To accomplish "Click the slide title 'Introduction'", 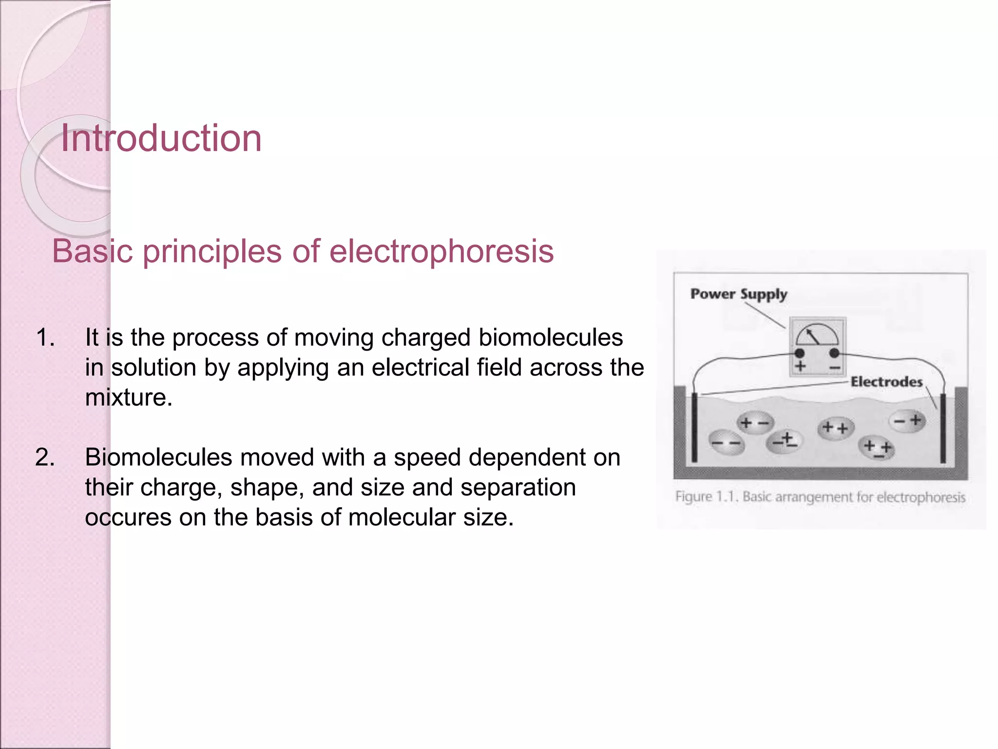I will [161, 138].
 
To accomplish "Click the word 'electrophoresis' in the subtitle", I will [441, 252].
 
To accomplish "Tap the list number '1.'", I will [45, 337].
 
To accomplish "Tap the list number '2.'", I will [45, 457].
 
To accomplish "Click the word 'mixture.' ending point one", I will [129, 397].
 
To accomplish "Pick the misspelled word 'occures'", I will [128, 517].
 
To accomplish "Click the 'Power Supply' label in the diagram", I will [738, 294].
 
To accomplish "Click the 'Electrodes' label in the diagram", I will [886, 382].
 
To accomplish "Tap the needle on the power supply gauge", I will [813, 336].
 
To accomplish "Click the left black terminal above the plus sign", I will [800, 353].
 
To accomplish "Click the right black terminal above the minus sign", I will [834, 353].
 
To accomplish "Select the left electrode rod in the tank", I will [694, 428].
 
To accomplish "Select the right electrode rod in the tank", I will [943, 428].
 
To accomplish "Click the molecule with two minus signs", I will [726, 443].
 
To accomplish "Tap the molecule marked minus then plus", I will [907, 420].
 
